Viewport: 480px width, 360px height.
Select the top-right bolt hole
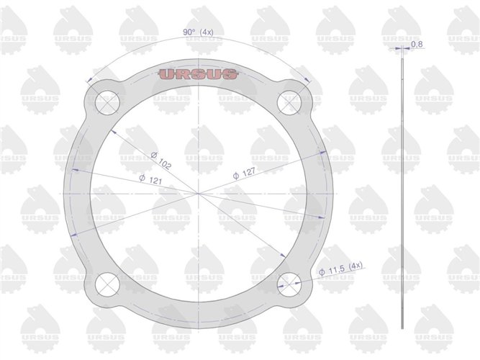(x=290, y=102)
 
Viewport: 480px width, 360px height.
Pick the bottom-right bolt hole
(x=290, y=283)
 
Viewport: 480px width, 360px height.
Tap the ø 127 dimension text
(x=247, y=174)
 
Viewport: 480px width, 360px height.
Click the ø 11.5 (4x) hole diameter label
(x=340, y=268)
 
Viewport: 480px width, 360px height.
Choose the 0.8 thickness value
(x=417, y=45)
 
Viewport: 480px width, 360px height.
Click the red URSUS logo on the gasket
(x=197, y=74)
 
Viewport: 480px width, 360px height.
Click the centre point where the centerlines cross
(x=198, y=192)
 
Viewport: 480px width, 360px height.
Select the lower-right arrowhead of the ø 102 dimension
(x=281, y=253)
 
